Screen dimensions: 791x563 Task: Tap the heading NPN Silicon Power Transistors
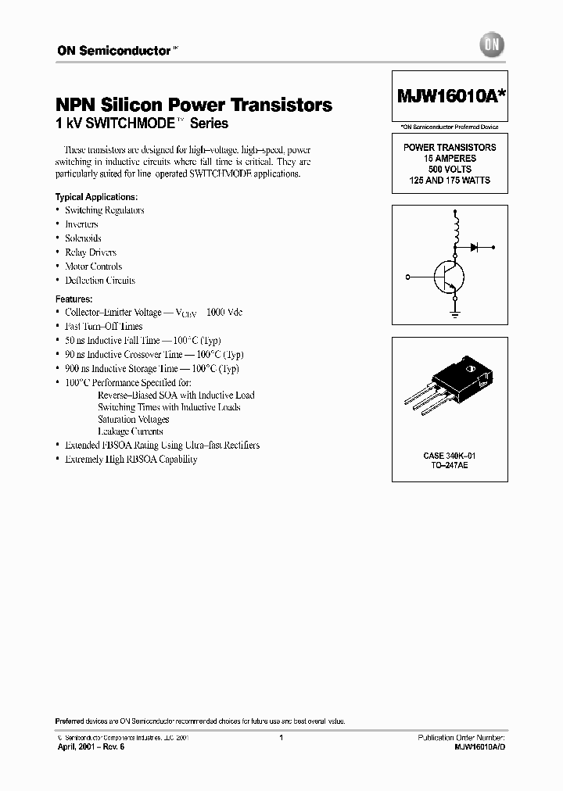click(x=193, y=105)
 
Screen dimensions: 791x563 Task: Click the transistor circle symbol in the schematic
click(x=447, y=277)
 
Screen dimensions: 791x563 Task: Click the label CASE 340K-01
click(x=450, y=456)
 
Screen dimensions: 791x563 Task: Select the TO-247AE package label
click(x=450, y=466)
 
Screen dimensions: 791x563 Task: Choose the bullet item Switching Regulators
click(x=104, y=210)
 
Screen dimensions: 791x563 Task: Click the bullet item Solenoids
click(x=83, y=238)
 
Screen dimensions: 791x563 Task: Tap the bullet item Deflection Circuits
click(x=99, y=281)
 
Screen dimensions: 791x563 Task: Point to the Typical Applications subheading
click(x=96, y=196)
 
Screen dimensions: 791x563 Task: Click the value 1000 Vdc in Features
click(x=224, y=312)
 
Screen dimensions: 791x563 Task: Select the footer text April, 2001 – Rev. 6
click(x=91, y=747)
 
